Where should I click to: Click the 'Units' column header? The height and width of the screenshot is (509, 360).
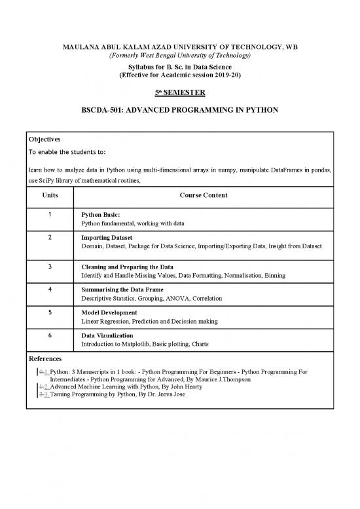[50, 195]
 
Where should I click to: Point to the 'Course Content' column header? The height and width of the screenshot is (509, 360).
[203, 195]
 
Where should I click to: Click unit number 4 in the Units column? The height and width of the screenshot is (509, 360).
[50, 289]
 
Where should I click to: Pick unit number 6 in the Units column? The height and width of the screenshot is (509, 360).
[50, 335]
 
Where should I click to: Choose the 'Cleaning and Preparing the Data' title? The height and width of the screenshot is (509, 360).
[127, 267]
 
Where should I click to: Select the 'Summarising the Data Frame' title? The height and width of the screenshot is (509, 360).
[122, 289]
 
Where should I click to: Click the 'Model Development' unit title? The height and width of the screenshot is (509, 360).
[109, 312]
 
